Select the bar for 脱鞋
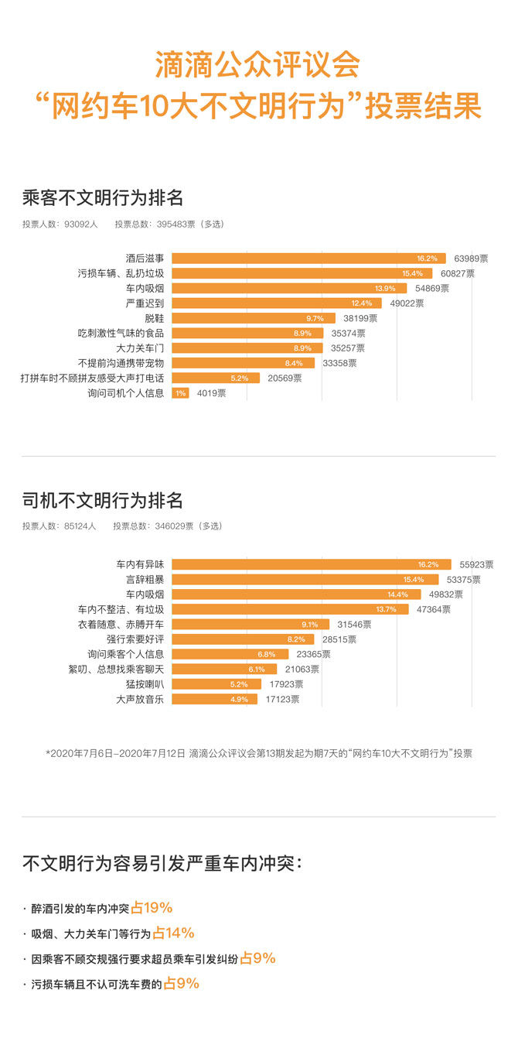point(253,318)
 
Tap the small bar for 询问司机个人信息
point(179,393)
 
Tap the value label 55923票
point(476,565)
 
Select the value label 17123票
point(282,700)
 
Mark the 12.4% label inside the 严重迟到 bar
point(361,303)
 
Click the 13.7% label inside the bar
point(386,610)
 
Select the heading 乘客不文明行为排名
point(103,197)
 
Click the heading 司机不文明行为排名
point(103,500)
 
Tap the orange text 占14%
point(173,933)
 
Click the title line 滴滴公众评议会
point(258,65)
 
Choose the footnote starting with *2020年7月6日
point(258,753)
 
